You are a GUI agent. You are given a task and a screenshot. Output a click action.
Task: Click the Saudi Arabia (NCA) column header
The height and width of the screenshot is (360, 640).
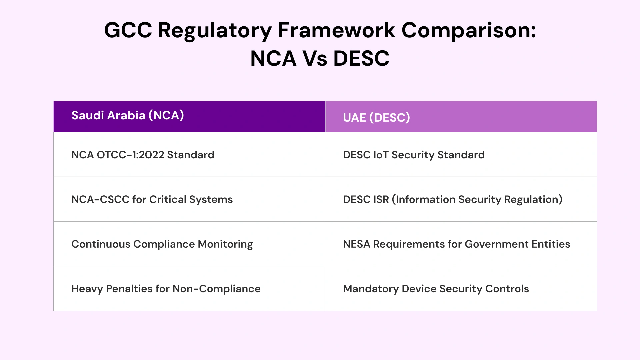[x=128, y=115]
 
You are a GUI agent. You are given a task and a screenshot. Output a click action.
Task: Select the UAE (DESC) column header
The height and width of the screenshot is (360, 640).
[x=376, y=117]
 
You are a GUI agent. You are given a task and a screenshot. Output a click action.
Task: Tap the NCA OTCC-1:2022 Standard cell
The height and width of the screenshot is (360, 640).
[x=143, y=155]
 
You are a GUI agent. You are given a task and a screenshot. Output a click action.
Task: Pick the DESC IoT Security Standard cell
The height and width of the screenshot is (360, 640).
[x=413, y=155]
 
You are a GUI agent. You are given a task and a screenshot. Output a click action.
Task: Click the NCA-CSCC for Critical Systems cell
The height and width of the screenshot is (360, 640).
[x=152, y=199]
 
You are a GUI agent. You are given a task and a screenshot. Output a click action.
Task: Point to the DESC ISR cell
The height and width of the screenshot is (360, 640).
[x=452, y=199]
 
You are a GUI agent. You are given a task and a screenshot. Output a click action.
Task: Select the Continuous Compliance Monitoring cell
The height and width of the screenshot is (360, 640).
[x=162, y=244]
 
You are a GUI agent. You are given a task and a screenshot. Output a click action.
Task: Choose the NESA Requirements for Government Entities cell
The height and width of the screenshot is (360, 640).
[x=456, y=244]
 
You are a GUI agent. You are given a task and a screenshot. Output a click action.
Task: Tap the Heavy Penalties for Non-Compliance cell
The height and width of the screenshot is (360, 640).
[x=166, y=289]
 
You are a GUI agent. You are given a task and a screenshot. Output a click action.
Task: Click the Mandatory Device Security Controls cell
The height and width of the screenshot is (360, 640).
[x=436, y=289]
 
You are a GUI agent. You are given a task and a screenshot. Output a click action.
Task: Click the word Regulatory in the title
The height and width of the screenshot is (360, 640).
[x=215, y=31]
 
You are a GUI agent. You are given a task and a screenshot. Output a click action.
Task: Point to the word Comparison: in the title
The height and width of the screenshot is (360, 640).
[x=468, y=31]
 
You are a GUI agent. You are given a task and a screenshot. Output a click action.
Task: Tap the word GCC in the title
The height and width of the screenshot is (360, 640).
[x=128, y=31]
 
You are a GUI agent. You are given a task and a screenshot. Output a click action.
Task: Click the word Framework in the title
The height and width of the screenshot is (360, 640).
[x=336, y=31]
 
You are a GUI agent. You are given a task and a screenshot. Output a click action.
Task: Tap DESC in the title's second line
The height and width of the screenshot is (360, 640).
[x=361, y=59]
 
